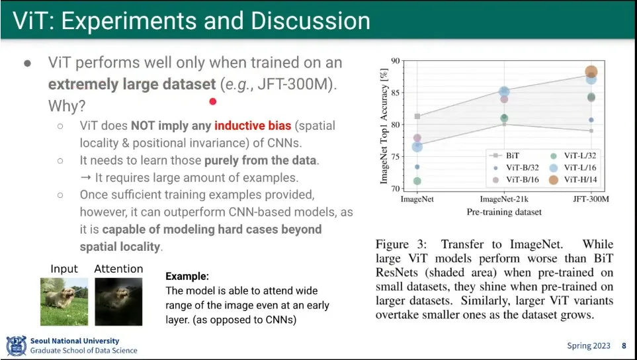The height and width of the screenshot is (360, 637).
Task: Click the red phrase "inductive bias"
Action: tap(253, 126)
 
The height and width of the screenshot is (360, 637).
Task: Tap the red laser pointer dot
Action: tap(213, 101)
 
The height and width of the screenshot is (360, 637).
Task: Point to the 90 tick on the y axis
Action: tap(395, 61)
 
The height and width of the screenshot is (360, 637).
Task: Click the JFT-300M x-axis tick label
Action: tap(591, 199)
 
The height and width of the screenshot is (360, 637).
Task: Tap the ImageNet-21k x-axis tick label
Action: tap(504, 199)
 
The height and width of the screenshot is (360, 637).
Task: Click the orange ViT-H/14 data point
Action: tap(591, 71)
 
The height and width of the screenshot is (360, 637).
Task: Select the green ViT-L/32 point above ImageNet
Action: tap(417, 181)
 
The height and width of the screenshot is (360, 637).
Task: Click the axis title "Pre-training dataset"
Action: tap(504, 212)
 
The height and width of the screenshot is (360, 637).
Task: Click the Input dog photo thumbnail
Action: tap(64, 302)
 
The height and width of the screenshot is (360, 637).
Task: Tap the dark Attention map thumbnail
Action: tap(118, 302)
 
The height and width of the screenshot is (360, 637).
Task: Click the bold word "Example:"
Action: tap(187, 277)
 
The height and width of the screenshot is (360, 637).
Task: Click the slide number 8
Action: tap(624, 346)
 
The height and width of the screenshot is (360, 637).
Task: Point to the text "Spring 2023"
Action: tap(589, 346)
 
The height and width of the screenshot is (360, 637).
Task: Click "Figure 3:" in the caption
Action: tap(402, 244)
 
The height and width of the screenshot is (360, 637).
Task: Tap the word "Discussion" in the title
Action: tap(310, 21)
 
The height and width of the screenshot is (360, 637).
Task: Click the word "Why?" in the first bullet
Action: tap(67, 106)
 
